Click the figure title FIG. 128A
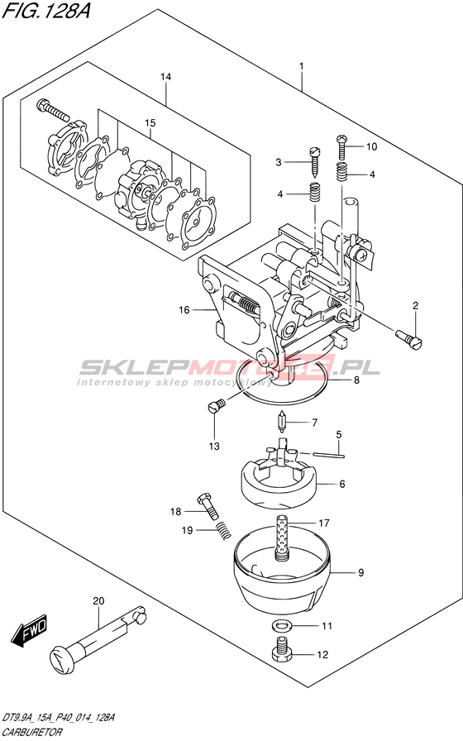coord(45,10)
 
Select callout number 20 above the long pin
coord(98,601)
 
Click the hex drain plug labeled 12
coord(282,650)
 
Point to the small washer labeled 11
coord(282,626)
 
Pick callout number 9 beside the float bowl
coord(361,573)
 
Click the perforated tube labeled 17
coord(282,538)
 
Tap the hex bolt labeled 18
coord(208,505)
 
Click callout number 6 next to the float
coord(342,484)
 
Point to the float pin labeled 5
coord(329,455)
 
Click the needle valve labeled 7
coord(282,421)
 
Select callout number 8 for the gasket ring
coord(356,380)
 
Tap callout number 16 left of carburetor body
coord(184,309)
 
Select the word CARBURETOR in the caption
coord(31,732)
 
